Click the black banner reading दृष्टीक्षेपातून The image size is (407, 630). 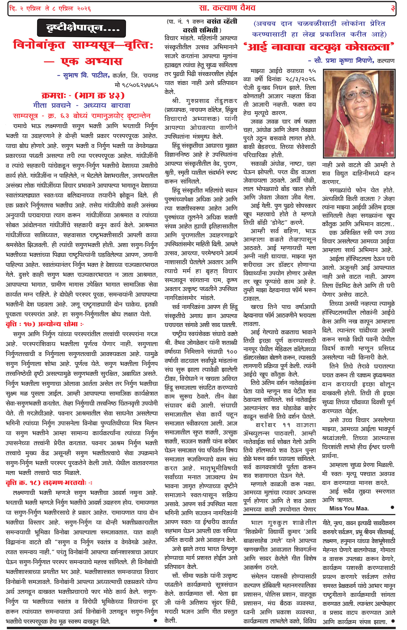[81, 28]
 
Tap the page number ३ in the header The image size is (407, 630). [393, 8]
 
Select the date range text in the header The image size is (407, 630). [50, 9]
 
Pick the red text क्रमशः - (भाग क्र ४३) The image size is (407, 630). [83, 95]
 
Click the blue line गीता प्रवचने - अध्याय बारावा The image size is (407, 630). [82, 105]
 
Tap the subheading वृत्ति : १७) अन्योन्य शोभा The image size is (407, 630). [45, 324]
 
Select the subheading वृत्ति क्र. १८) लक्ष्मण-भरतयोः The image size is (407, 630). [49, 483]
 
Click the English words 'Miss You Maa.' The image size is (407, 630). [349, 508]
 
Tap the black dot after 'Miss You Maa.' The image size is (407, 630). [392, 507]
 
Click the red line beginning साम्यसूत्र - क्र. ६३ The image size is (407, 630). [81, 116]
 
